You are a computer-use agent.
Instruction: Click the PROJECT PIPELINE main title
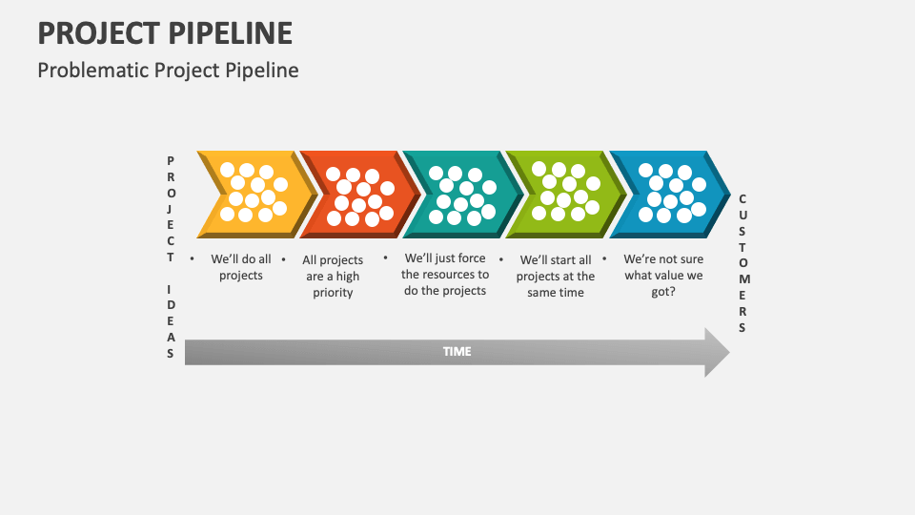[165, 32]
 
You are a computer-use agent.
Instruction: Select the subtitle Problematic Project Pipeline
[168, 70]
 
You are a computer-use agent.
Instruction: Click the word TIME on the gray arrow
[457, 352]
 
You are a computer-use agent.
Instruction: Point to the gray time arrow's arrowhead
[717, 353]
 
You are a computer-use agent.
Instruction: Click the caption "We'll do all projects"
[241, 267]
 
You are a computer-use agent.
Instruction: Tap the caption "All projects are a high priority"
[333, 276]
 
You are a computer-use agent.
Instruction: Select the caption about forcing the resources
[445, 274]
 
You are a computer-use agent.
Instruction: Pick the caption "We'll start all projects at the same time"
[556, 276]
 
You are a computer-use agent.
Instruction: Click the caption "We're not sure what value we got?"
[663, 275]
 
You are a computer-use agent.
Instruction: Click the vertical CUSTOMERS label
[742, 263]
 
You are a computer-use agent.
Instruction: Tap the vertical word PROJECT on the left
[171, 209]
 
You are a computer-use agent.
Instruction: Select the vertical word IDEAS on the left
[171, 320]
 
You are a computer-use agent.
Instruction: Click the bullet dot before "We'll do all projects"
[193, 258]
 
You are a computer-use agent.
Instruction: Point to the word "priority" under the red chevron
[333, 293]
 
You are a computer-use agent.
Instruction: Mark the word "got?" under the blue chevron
[663, 292]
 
